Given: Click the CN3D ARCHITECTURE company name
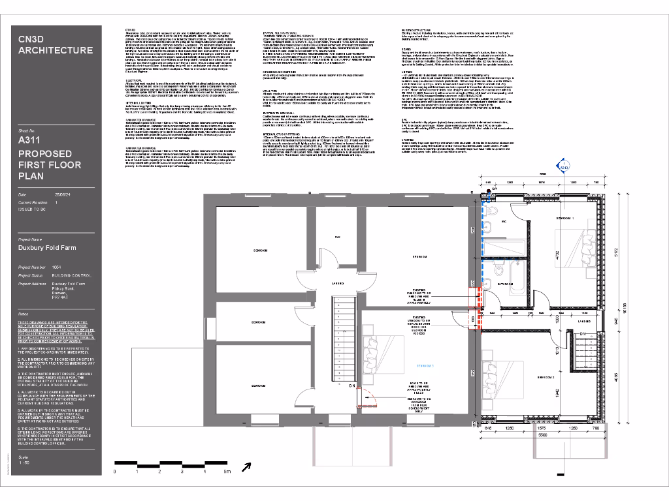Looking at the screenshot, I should (x=56, y=44).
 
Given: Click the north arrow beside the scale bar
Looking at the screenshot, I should (x=246, y=466).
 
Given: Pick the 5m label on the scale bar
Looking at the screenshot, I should (x=227, y=470).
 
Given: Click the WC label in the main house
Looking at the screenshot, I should (x=338, y=236).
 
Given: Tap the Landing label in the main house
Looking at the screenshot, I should (x=338, y=284).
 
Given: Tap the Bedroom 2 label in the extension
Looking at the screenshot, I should (x=546, y=378).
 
